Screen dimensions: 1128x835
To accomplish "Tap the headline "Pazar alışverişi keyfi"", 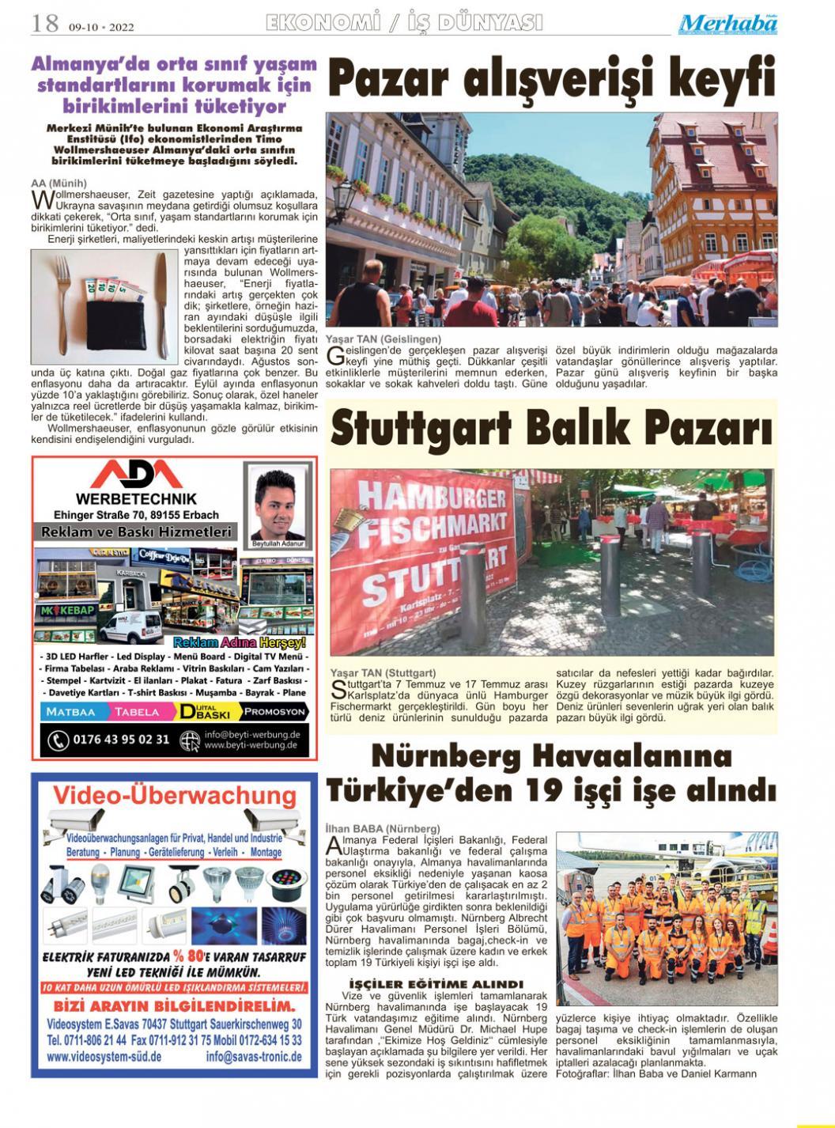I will tap(551, 80).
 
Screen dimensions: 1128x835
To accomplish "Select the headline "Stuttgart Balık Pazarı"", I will tap(551, 428).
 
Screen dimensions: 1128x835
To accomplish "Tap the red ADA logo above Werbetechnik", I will tap(136, 475).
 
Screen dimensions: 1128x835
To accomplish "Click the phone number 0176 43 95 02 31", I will tap(121, 740).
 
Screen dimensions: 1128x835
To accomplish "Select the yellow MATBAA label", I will tap(70, 711).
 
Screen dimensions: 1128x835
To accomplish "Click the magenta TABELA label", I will tap(136, 711).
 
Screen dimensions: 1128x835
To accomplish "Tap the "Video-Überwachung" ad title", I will tap(174, 795).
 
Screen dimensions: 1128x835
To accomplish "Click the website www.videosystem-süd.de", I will tap(104, 1057).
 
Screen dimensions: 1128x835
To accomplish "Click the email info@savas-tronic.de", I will tap(253, 1057).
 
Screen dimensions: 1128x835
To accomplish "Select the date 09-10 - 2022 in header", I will tap(101, 27).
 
